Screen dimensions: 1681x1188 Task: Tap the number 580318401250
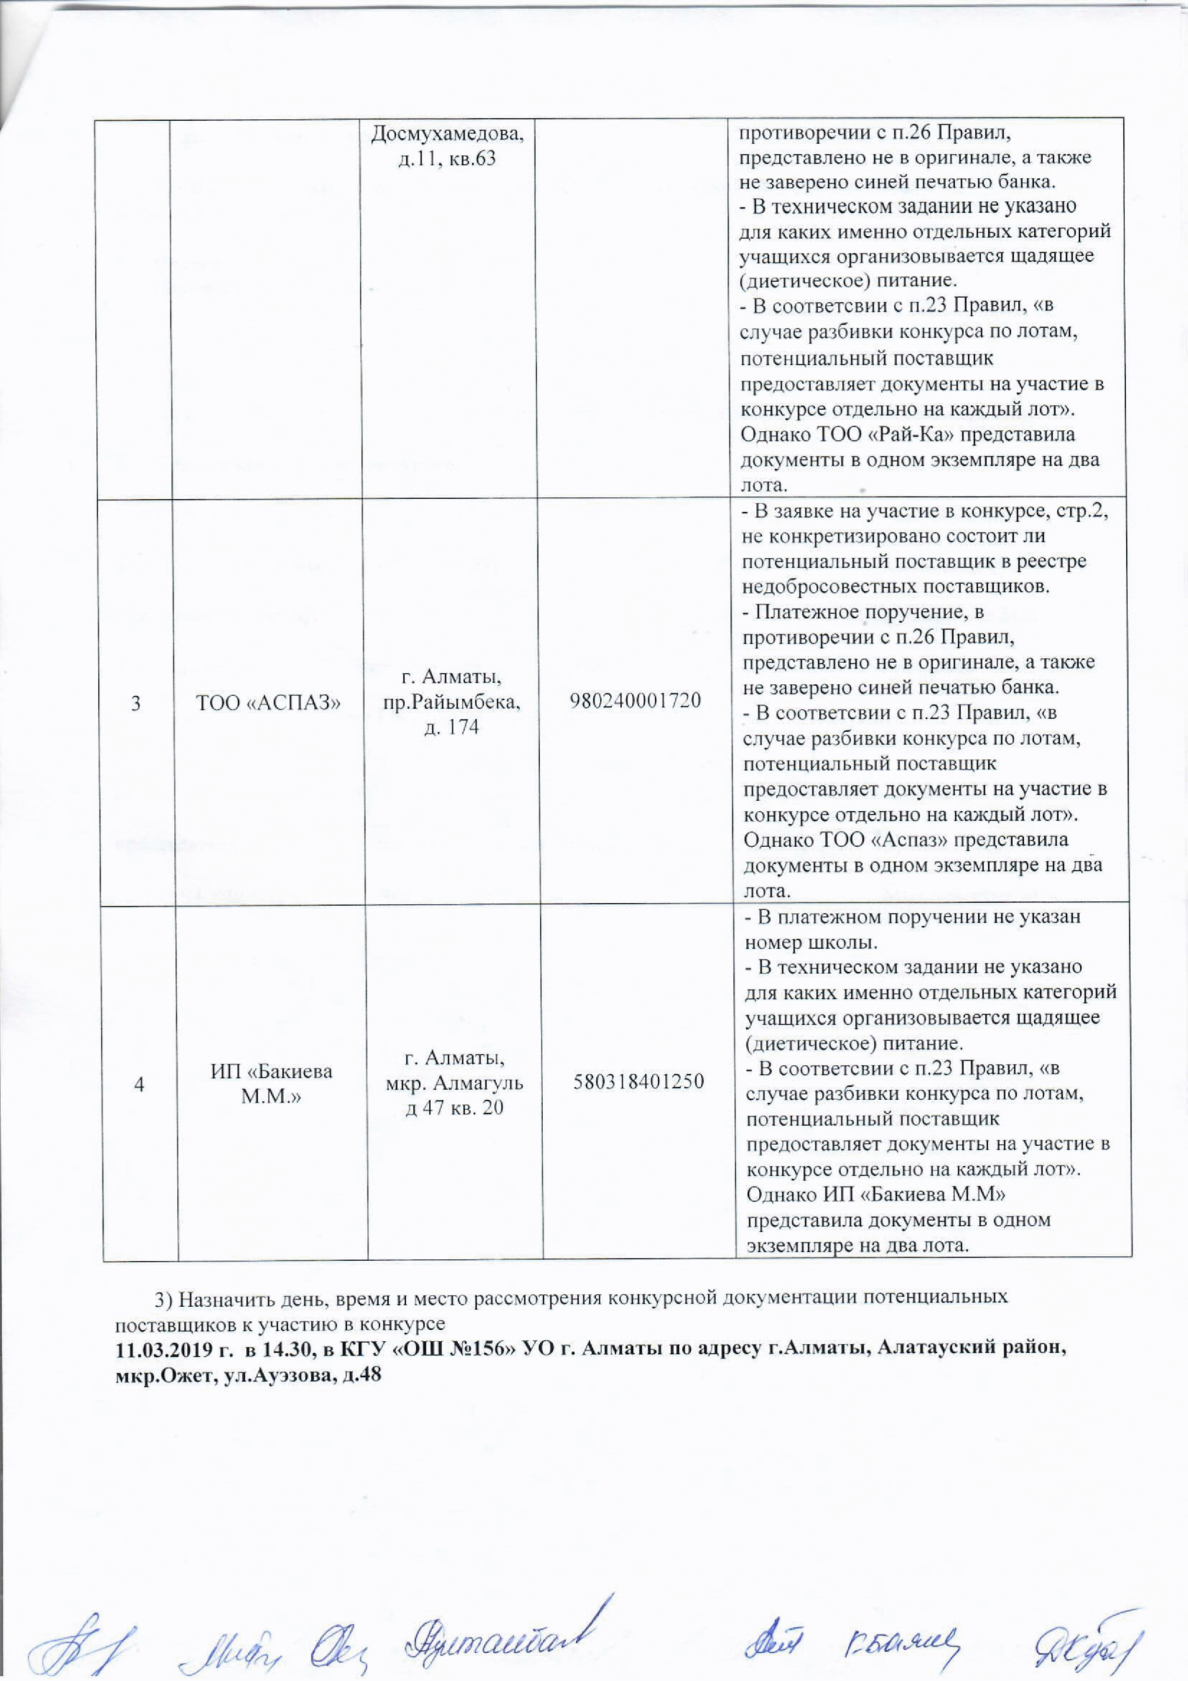(x=638, y=1081)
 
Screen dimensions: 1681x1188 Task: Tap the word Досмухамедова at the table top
(x=451, y=133)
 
